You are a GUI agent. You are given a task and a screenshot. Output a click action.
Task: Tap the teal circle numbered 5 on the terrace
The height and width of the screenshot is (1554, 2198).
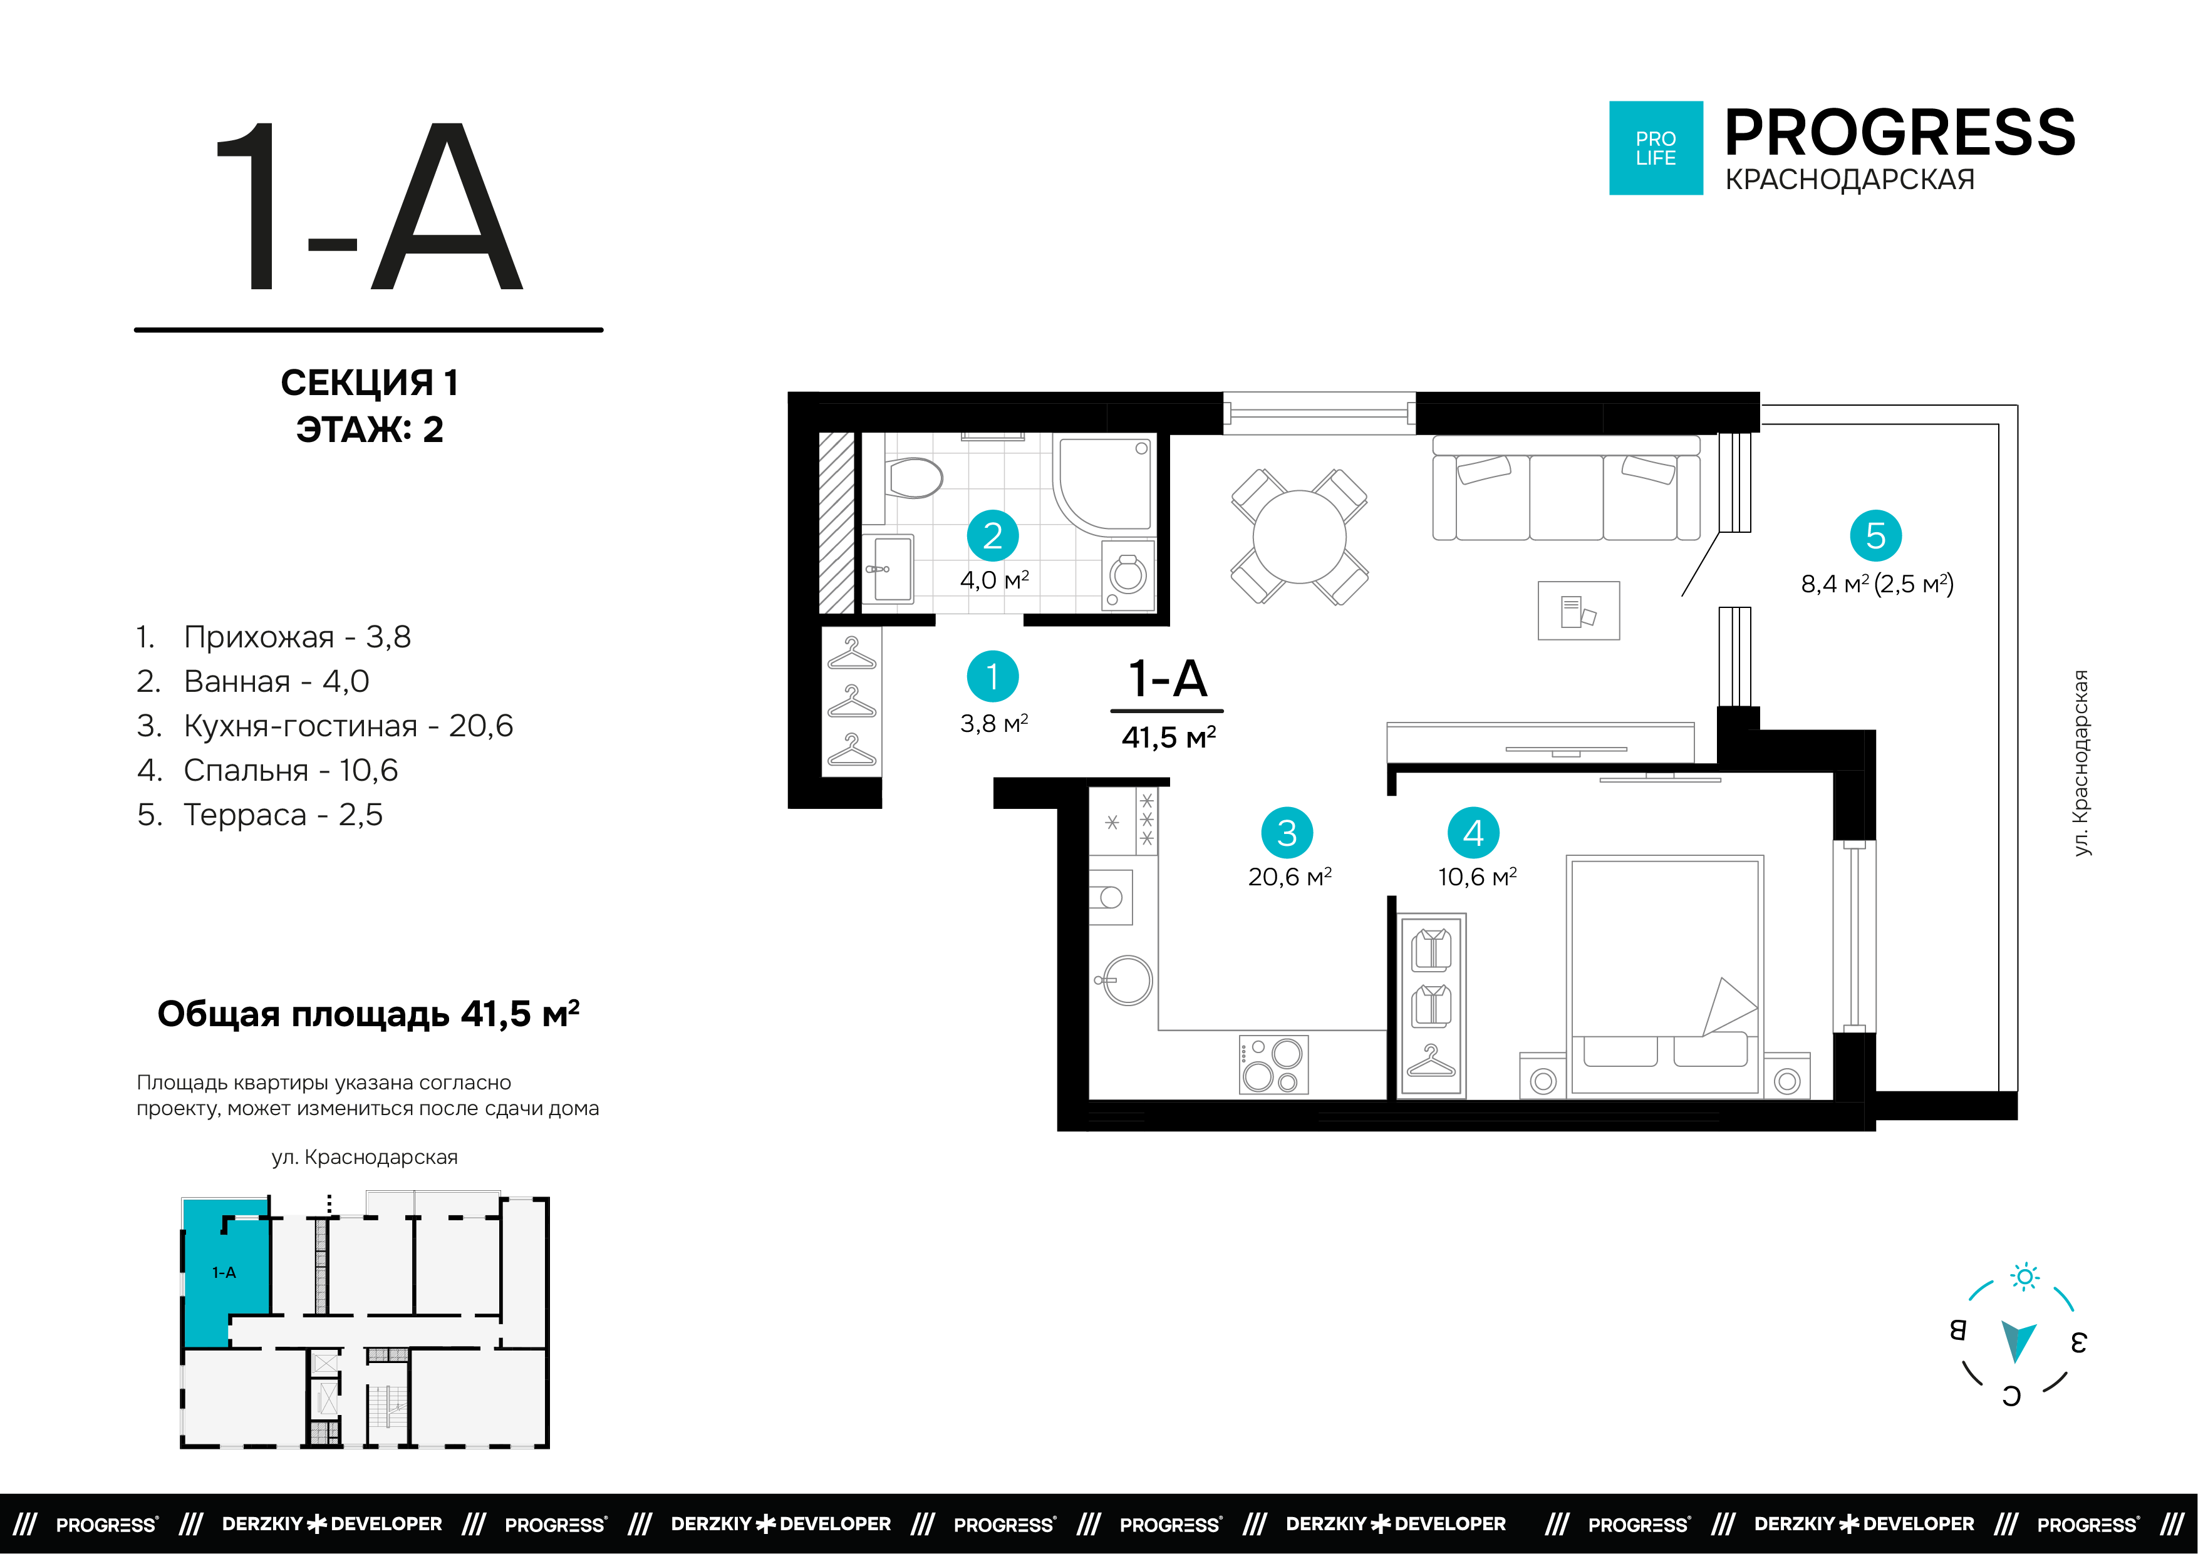[x=1875, y=536]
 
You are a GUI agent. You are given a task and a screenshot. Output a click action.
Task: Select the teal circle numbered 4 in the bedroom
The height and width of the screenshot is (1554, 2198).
[x=1473, y=833]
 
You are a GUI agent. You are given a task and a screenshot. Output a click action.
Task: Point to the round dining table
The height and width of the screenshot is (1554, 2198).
[x=1299, y=536]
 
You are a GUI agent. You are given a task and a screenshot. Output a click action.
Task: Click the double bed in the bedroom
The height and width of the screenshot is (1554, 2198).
[x=1665, y=975]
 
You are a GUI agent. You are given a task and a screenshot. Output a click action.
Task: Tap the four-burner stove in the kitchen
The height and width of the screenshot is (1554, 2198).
[x=1273, y=1064]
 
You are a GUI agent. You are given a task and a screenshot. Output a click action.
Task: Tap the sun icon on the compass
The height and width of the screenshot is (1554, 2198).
[x=2024, y=1277]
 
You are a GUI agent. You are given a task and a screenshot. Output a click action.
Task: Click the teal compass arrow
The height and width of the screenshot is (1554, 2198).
[x=2018, y=1340]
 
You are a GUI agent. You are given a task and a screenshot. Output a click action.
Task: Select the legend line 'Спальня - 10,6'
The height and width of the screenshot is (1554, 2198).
[x=267, y=769]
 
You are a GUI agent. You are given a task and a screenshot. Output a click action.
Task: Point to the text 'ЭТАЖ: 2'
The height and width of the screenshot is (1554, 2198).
[x=370, y=430]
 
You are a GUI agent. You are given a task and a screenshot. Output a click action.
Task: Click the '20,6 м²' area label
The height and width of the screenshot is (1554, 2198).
[x=1290, y=877]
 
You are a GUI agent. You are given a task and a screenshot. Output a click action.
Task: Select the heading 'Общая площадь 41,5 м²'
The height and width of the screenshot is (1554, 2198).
[x=368, y=1013]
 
